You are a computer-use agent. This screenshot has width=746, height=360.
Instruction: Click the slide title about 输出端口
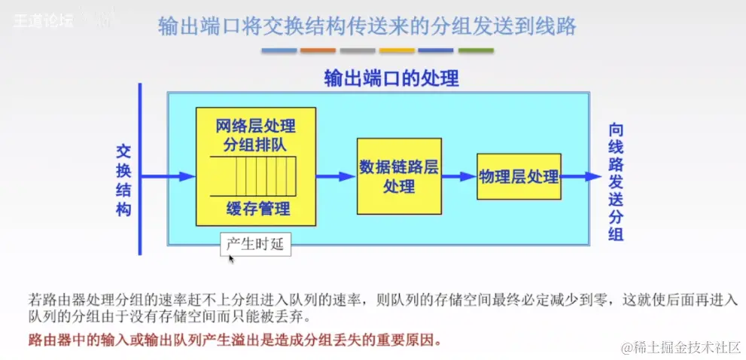(367, 26)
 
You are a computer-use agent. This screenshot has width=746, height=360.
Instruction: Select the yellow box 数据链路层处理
(398, 176)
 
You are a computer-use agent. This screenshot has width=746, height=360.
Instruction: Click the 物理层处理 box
(519, 176)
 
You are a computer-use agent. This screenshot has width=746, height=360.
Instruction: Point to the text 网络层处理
(255, 125)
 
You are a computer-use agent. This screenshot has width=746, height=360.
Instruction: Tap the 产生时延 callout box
(255, 244)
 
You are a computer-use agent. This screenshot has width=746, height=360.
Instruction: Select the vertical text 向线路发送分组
(616, 182)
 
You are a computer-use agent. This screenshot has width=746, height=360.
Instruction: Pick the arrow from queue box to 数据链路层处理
(336, 176)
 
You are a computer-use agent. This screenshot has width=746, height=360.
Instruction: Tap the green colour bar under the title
(476, 50)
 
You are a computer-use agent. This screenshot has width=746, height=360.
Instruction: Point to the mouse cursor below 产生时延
(231, 259)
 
